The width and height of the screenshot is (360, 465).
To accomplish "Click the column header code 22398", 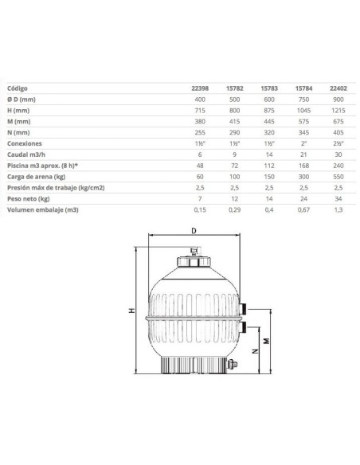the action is (200, 88).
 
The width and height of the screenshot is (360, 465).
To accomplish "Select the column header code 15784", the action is (303, 88).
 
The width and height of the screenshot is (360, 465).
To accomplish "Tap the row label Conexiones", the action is (25, 143).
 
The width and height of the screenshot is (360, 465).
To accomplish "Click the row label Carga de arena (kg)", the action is (36, 177).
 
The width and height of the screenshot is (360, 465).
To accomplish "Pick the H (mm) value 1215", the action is (338, 111).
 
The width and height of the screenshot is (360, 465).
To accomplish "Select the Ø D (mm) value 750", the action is (303, 100).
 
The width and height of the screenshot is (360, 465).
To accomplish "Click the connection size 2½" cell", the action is (338, 143).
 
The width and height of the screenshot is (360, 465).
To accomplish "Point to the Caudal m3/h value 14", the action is (269, 154).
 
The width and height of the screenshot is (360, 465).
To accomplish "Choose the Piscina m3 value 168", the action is (303, 166).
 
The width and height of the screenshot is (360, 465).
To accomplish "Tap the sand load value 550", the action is (338, 177).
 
